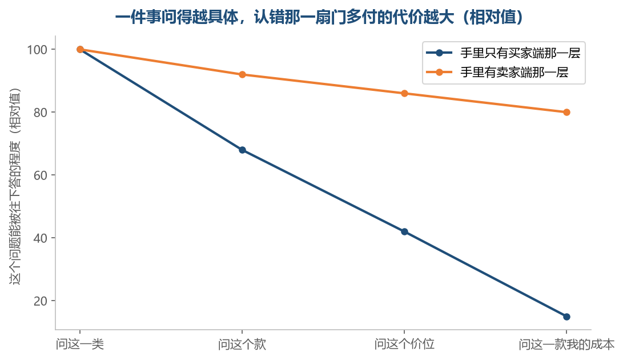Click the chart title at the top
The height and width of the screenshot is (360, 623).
coord(319,17)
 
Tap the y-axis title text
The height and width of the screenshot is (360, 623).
coord(15,186)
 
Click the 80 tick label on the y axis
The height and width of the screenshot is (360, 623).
coord(41,113)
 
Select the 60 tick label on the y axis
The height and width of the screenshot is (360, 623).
coord(41,175)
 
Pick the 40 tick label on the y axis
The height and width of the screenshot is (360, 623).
coord(41,238)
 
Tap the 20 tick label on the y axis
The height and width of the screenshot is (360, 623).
coord(41,301)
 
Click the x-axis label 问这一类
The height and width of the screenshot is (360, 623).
coord(80,345)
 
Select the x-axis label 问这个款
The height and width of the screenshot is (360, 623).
coord(242,345)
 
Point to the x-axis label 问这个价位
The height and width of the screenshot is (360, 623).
coord(404,345)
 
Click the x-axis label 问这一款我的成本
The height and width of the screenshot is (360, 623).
coord(566,345)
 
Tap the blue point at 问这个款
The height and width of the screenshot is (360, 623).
coord(242,150)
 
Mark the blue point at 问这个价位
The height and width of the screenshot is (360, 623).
coord(404,232)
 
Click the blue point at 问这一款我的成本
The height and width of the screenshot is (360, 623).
coord(566,317)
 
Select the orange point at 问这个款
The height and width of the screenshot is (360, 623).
coord(242,75)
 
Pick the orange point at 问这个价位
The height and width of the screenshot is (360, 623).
coord(404,94)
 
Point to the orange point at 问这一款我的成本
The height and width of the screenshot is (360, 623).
coord(566,112)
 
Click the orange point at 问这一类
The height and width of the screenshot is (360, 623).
coord(80,49)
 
